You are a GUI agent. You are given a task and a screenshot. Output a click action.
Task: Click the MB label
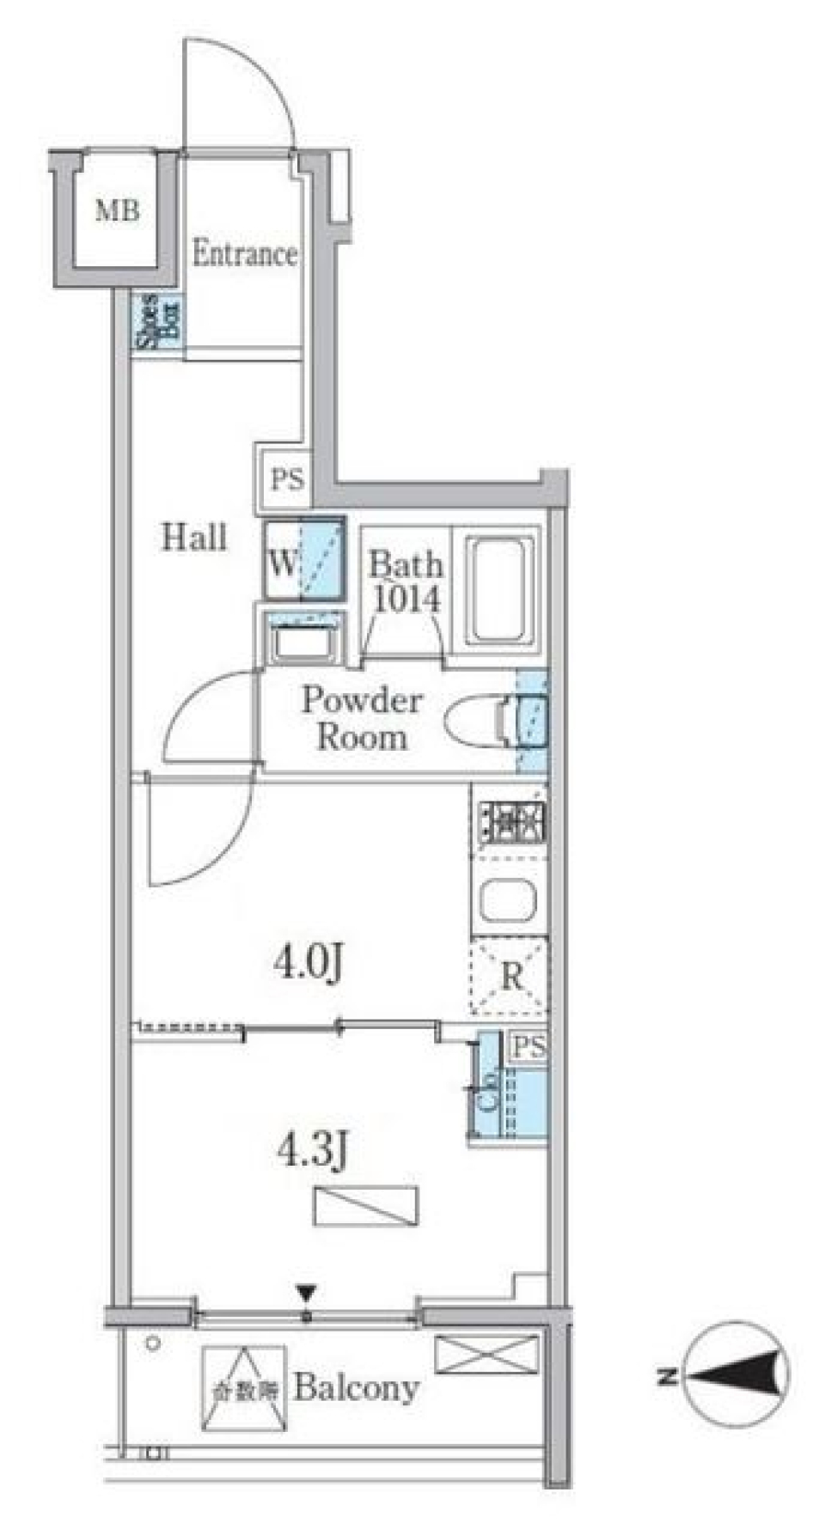(x=118, y=210)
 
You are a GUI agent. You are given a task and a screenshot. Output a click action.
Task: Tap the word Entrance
(x=244, y=254)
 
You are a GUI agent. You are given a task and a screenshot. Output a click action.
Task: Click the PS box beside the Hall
(x=286, y=478)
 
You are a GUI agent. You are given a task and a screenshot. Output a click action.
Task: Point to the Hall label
(x=194, y=538)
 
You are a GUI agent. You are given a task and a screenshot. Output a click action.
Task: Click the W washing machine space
(x=303, y=560)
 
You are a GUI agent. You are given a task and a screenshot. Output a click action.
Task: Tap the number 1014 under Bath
(x=406, y=599)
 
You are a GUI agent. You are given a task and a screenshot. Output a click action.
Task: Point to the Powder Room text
(x=361, y=720)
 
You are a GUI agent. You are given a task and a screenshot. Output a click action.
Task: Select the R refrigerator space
(x=510, y=976)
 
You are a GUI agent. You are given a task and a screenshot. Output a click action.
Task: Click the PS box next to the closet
(x=528, y=1046)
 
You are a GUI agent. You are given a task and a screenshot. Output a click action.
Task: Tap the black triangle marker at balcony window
(x=306, y=1292)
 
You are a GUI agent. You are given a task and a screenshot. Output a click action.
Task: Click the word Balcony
(x=357, y=1386)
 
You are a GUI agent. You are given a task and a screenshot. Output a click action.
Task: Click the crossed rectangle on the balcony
(x=486, y=1355)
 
